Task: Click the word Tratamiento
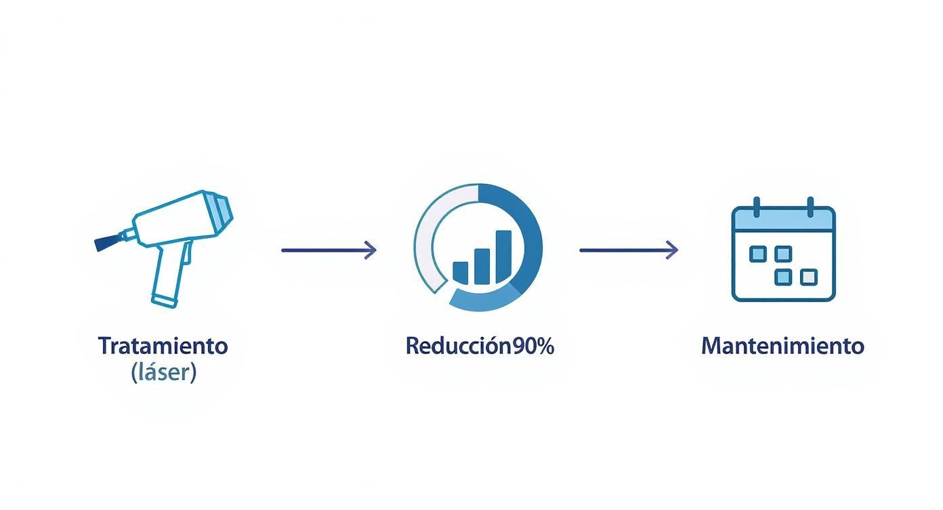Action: [x=163, y=346]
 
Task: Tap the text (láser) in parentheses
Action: [x=163, y=372]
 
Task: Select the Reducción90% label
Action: [x=480, y=346]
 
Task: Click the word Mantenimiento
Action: [x=782, y=346]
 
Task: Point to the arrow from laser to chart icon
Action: [x=329, y=250]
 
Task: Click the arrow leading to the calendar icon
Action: [x=628, y=250]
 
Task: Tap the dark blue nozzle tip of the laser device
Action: [x=106, y=242]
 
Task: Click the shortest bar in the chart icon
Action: [x=460, y=272]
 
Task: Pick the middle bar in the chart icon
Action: [x=482, y=266]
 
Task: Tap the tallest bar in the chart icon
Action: [x=503, y=256]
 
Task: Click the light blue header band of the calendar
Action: [x=783, y=219]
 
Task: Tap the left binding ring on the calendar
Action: [x=757, y=205]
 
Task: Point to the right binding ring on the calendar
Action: [x=810, y=205]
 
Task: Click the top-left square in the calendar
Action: [x=758, y=254]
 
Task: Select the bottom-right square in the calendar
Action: [x=808, y=277]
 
